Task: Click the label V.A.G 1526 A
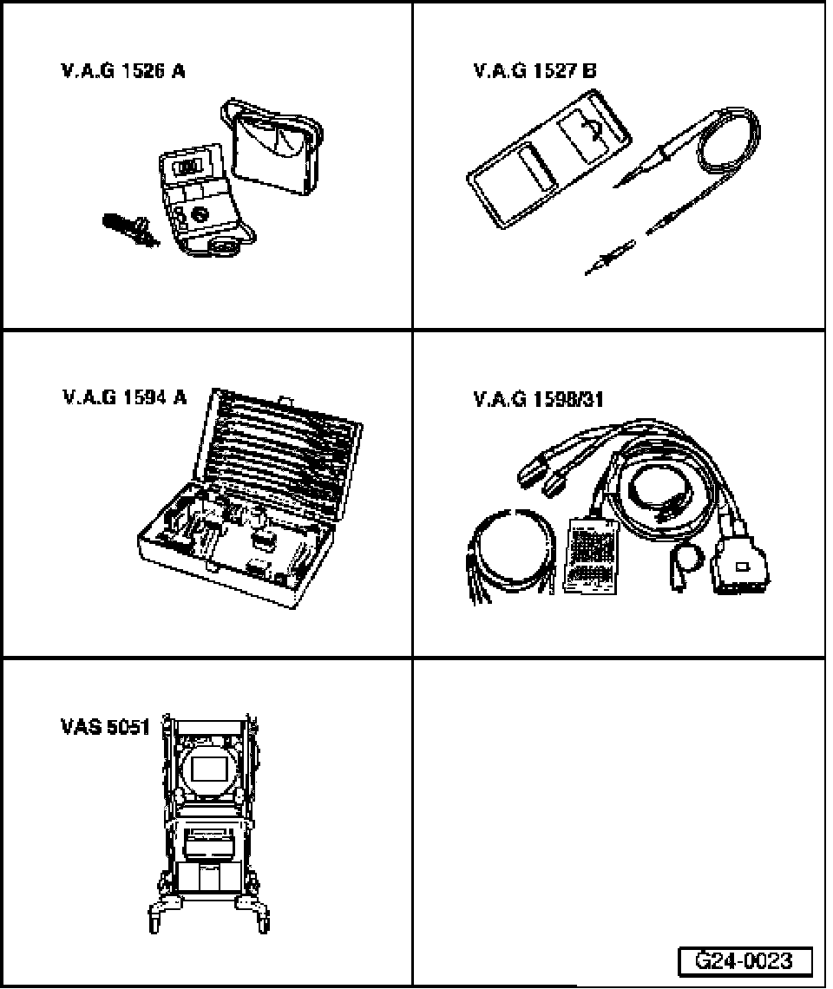(122, 72)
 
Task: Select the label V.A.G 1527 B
(535, 72)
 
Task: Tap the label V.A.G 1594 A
(123, 398)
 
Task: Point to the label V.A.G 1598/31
(538, 399)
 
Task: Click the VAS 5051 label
(105, 726)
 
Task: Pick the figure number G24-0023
(745, 961)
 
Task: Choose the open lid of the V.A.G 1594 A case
(286, 442)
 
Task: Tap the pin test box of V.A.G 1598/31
(594, 555)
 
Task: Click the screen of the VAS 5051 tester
(210, 770)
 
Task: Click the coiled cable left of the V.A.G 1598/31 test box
(513, 547)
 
